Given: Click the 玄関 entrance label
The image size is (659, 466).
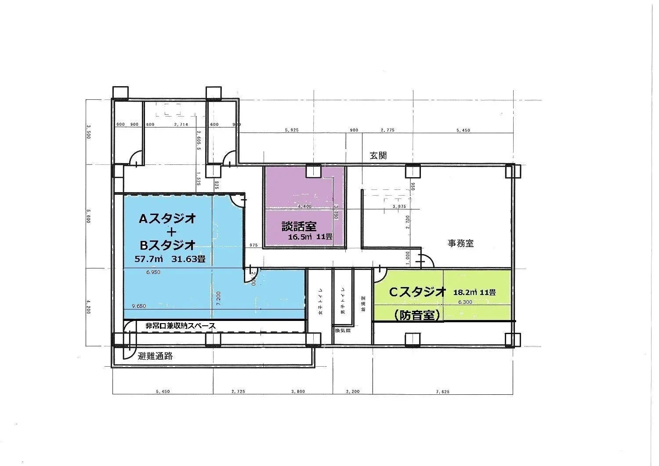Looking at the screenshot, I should click(x=378, y=156).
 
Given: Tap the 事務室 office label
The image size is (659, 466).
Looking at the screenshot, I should click(x=460, y=243).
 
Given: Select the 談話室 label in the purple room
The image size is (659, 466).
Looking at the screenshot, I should click(x=299, y=226).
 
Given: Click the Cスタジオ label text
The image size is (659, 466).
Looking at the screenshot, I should click(x=417, y=292).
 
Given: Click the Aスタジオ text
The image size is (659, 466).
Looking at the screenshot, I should click(x=167, y=218).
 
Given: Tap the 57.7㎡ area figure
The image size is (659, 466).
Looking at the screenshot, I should click(x=148, y=259).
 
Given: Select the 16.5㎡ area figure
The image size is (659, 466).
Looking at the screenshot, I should click(x=300, y=237).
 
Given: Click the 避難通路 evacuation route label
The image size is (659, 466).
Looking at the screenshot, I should click(x=155, y=357).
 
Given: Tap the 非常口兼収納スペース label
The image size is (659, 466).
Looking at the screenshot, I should click(x=181, y=326).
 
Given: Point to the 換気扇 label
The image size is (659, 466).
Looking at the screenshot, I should click(x=343, y=330).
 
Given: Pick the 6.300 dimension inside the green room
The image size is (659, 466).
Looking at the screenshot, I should click(x=465, y=302).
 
